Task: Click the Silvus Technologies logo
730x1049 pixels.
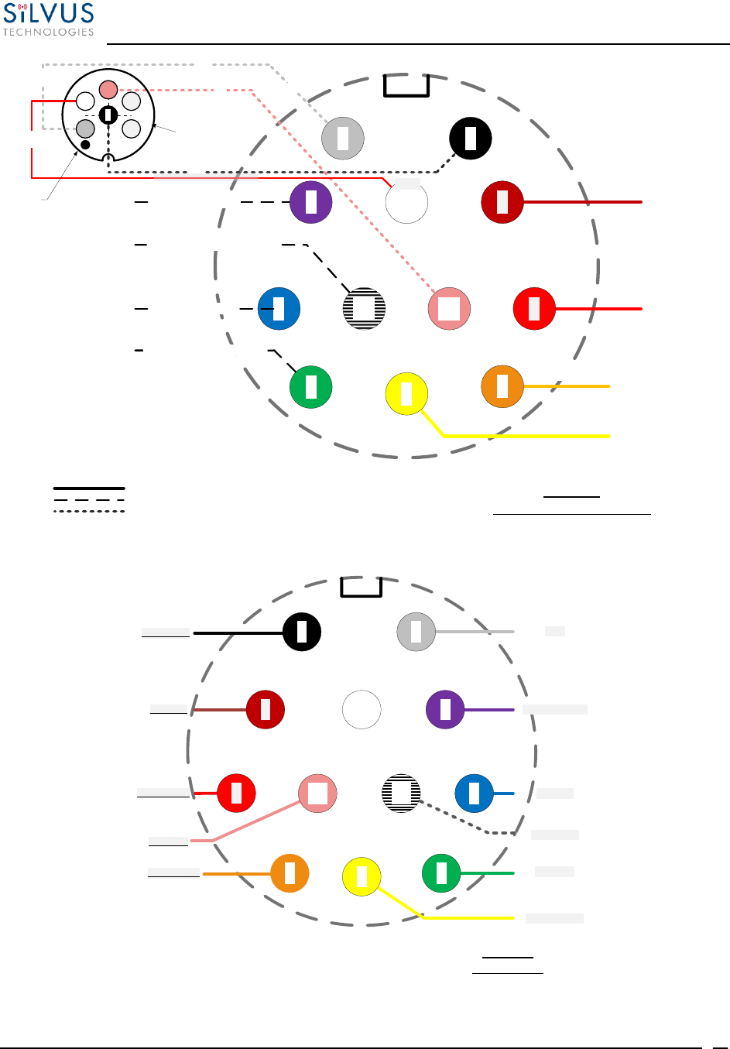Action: click(48, 19)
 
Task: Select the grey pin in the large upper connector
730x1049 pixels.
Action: click(343, 139)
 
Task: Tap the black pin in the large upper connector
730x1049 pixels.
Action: click(471, 139)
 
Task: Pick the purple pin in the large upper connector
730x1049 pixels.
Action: click(311, 202)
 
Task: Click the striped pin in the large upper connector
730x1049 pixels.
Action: click(364, 308)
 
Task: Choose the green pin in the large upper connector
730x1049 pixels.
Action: click(311, 387)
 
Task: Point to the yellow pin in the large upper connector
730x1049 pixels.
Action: click(406, 393)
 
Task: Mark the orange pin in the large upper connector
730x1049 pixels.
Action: click(502, 386)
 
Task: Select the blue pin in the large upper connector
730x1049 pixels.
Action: click(279, 308)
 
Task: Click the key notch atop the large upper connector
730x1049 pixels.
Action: click(406, 85)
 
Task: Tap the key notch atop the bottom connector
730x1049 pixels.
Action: click(362, 587)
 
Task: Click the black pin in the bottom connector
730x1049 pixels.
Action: click(302, 632)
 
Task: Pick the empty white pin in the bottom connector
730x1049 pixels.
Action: click(362, 709)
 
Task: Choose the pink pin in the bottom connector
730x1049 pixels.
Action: click(317, 793)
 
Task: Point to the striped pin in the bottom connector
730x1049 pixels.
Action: click(401, 793)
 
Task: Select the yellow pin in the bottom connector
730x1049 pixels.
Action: click(362, 877)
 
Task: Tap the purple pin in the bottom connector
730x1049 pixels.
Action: click(445, 709)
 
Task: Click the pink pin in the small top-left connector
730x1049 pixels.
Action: click(108, 90)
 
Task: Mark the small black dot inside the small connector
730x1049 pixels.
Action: click(86, 144)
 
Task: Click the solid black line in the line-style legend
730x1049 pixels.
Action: click(89, 489)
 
